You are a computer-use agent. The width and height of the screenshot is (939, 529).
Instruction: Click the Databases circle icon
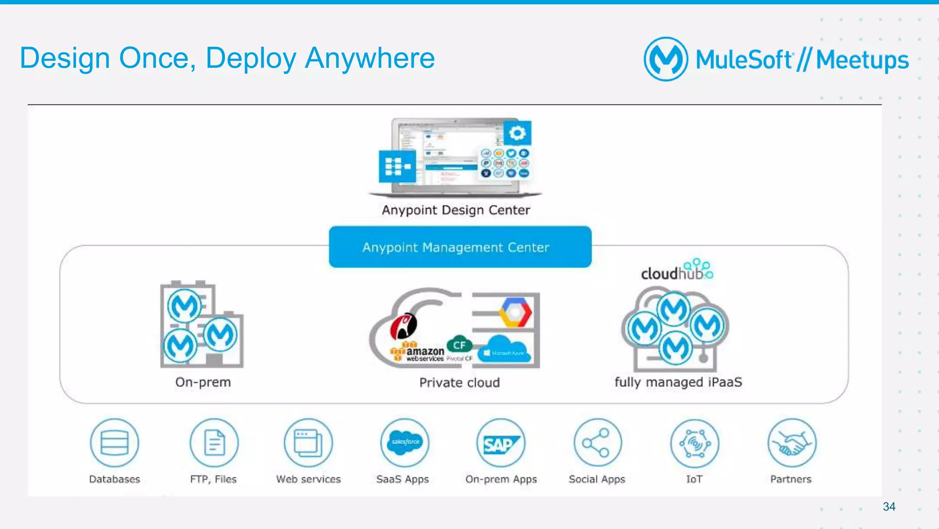click(114, 443)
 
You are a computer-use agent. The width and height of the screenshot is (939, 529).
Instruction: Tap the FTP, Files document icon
click(214, 443)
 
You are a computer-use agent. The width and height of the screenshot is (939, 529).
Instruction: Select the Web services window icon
click(308, 443)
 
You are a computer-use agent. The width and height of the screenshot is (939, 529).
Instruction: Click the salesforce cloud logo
click(405, 442)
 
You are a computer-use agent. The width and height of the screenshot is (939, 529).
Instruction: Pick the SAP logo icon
click(501, 444)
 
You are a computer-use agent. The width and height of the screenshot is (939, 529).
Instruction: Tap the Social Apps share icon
click(597, 443)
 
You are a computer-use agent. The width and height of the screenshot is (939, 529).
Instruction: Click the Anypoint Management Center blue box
click(460, 247)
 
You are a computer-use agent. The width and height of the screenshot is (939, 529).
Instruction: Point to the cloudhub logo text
click(672, 273)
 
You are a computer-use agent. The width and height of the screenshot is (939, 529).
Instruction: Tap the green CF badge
click(459, 345)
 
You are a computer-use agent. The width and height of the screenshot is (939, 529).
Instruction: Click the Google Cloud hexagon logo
click(515, 312)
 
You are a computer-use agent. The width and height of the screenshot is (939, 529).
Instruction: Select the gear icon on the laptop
click(517, 133)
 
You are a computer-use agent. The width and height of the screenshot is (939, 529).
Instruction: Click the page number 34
click(889, 507)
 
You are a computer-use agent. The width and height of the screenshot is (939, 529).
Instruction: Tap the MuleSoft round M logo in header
click(666, 59)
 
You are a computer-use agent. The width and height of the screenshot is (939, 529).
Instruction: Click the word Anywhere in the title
click(370, 58)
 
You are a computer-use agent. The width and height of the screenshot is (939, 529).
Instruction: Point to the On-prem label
click(203, 382)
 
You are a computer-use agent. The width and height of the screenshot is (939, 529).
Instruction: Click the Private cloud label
click(459, 383)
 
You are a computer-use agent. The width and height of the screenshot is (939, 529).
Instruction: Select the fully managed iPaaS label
click(678, 382)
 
